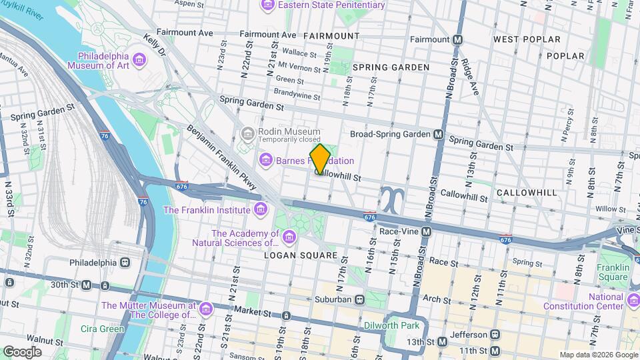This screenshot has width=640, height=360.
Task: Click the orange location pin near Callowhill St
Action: pos(320,158)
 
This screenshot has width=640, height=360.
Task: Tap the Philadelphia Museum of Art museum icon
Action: pos(139,61)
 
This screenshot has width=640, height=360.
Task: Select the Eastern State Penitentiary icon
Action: pos(268,5)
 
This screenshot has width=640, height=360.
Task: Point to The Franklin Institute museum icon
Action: pos(260,210)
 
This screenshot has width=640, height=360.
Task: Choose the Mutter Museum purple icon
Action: pos(205,310)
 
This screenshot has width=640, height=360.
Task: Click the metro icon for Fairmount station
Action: pos(458,39)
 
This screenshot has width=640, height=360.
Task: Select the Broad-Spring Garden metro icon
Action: pos(439,134)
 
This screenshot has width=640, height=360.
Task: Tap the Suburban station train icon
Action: pos(359,299)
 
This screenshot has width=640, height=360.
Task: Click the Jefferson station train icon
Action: pos(494,333)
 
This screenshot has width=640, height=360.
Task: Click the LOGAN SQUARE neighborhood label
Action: pos(301,255)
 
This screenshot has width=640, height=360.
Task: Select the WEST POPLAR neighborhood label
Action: pos(527,39)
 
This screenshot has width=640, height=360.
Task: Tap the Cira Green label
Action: pos(102,329)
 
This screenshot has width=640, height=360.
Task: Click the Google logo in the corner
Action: pos(21,351)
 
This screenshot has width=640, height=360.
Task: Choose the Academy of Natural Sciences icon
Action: pos(289,237)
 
